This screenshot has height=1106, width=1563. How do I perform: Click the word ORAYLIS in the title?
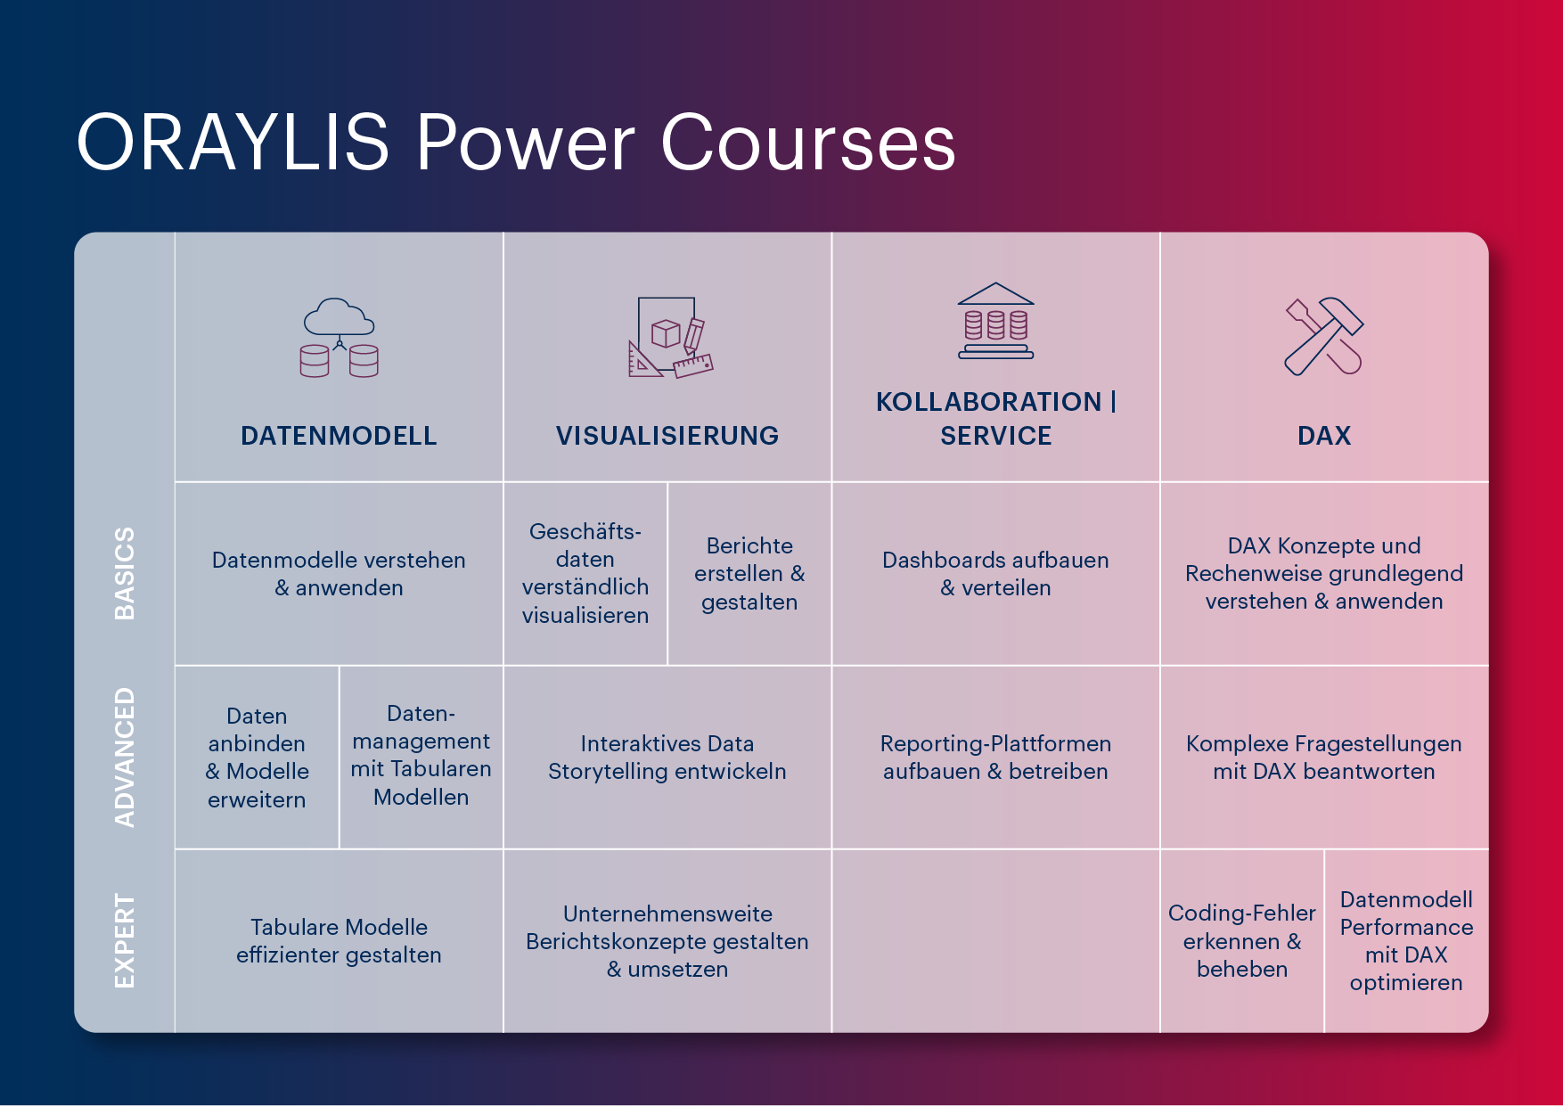click(x=233, y=143)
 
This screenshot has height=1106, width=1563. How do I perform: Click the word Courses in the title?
click(x=808, y=143)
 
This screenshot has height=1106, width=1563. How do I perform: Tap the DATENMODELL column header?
click(x=339, y=436)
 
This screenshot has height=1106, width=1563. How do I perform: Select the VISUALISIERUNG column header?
click(x=667, y=436)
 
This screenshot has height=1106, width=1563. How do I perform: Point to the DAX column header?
click(x=1324, y=436)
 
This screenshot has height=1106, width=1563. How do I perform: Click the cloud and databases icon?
click(x=339, y=338)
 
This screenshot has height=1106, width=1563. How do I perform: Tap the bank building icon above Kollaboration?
click(x=996, y=321)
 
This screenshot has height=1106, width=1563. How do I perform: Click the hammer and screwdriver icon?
click(x=1324, y=336)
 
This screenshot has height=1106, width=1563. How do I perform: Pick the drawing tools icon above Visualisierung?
click(x=670, y=338)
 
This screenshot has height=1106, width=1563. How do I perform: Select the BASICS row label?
click(x=125, y=573)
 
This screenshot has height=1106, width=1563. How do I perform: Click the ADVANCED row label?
click(x=125, y=757)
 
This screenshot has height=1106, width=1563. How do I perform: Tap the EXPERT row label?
click(x=125, y=941)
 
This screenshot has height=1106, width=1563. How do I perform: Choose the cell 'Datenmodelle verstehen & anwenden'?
click(x=339, y=574)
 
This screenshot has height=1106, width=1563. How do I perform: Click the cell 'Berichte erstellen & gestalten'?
click(x=749, y=574)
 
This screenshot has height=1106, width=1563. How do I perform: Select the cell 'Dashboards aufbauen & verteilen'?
click(x=995, y=574)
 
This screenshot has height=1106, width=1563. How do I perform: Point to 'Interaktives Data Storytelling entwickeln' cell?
click(x=667, y=758)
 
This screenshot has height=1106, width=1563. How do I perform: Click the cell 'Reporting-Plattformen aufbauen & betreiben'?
click(x=995, y=758)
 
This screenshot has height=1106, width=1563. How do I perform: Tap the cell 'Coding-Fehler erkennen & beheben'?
click(x=1242, y=941)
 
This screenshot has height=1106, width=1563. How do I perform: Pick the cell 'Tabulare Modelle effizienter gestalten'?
click(x=339, y=941)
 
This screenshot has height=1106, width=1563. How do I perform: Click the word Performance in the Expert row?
click(x=1406, y=928)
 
